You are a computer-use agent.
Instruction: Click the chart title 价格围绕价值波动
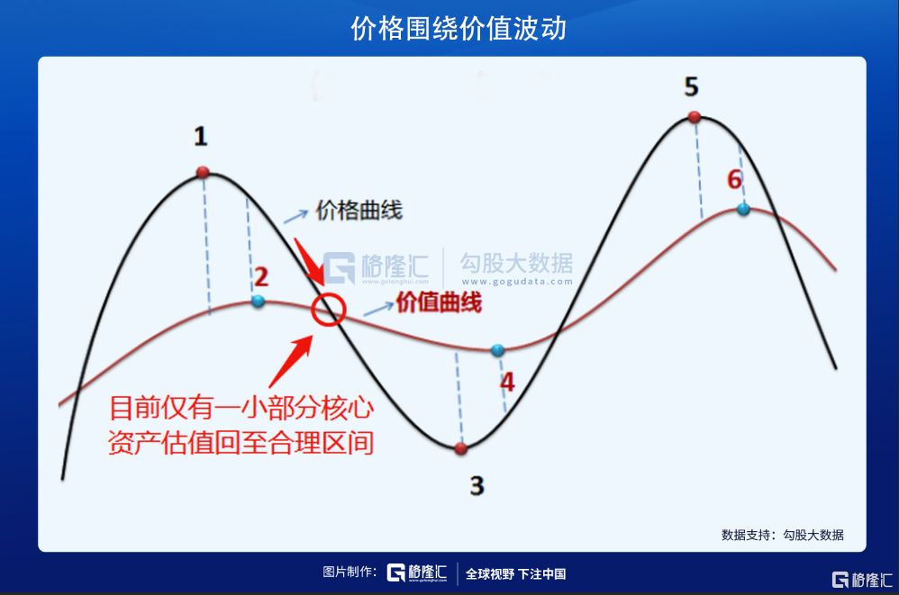[459, 29]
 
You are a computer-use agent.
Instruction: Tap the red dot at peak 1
[203, 172]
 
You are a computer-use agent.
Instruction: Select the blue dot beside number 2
[258, 301]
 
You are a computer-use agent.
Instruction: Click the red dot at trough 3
[461, 448]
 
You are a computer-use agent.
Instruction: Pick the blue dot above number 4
[497, 350]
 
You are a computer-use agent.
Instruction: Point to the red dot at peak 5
[695, 117]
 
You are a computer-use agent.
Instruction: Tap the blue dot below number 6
[744, 209]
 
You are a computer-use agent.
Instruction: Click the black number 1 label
[200, 136]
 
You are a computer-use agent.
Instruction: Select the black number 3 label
[477, 485]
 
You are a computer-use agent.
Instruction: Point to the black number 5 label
[692, 87]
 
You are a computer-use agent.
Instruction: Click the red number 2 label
[261, 277]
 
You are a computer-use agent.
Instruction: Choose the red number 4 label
[507, 382]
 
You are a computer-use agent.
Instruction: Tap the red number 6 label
[735, 180]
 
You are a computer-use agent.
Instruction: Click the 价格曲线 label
[359, 210]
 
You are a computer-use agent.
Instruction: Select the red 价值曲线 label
[440, 302]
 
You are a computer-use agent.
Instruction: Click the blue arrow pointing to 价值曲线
[378, 310]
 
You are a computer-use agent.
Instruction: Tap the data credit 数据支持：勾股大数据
[783, 535]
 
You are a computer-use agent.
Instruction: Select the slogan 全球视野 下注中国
[515, 573]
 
